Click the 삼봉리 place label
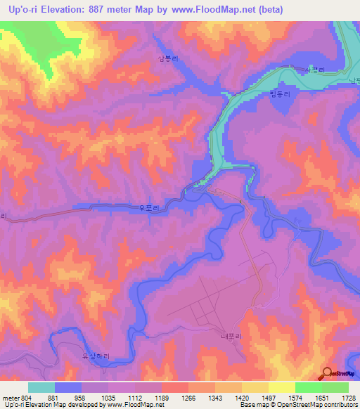(x=169, y=59)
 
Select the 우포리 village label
(x=150, y=207)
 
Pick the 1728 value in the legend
(x=349, y=397)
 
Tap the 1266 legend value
(x=188, y=397)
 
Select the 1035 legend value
(x=108, y=397)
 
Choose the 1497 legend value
(x=269, y=397)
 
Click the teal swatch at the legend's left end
(x=41, y=387)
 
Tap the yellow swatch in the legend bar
(x=282, y=387)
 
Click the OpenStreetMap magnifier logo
(x=328, y=374)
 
